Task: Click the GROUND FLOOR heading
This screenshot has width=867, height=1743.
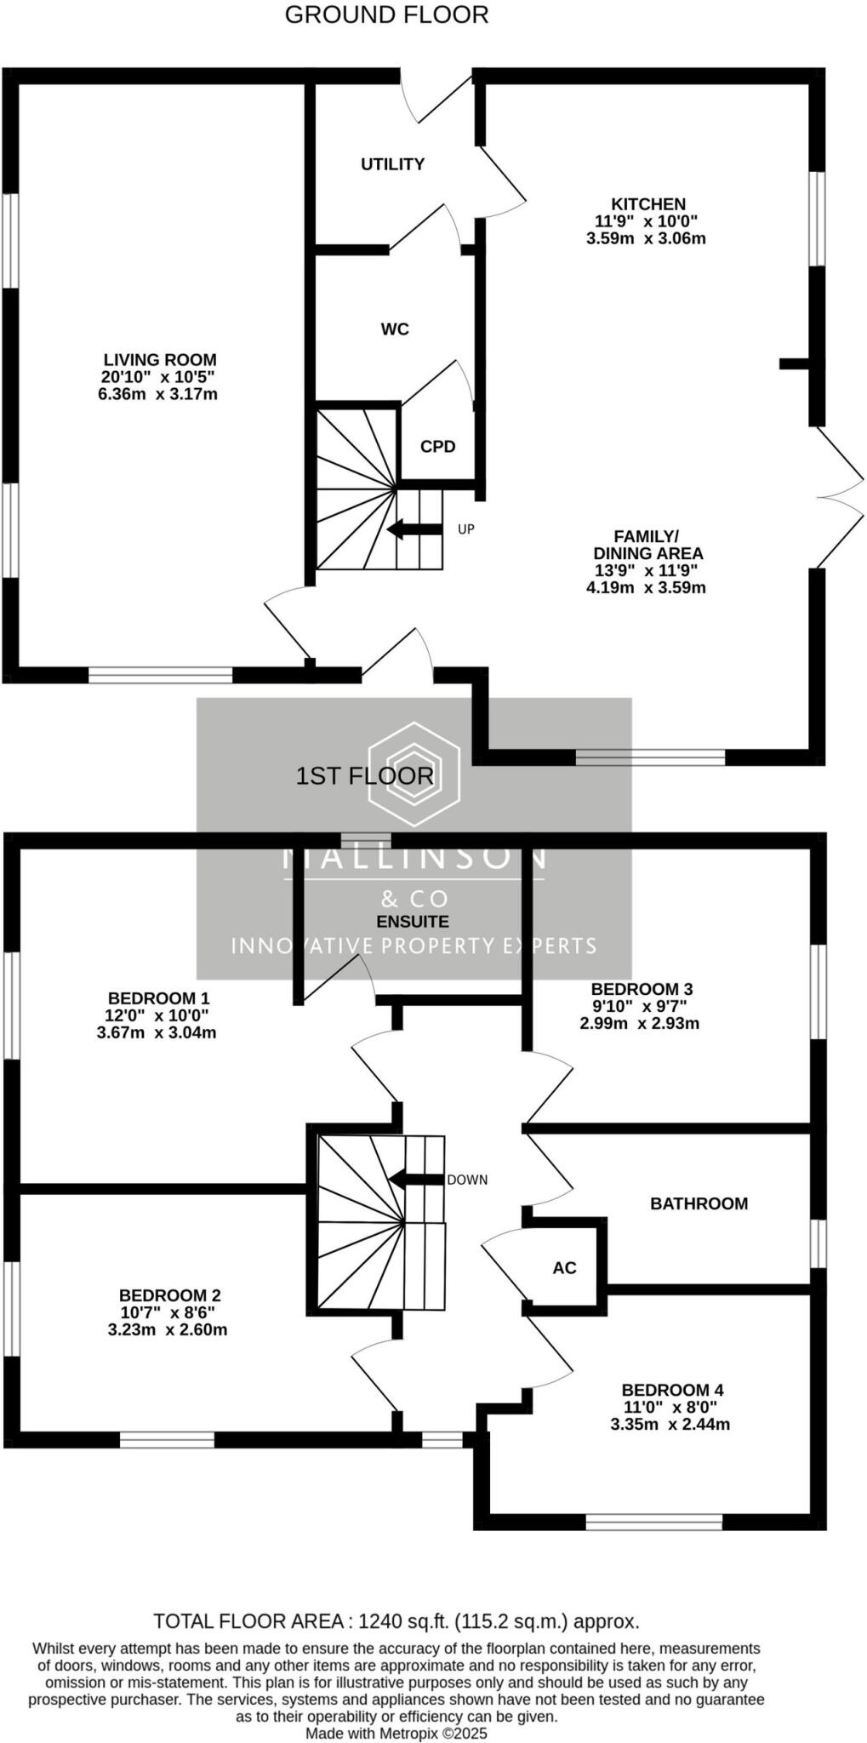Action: coord(386,14)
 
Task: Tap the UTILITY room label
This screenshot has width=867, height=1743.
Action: coord(392,164)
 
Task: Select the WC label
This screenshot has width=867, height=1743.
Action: coord(395,329)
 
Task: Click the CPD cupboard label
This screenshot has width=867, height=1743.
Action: coord(438,447)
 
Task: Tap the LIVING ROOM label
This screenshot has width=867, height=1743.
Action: coord(160,360)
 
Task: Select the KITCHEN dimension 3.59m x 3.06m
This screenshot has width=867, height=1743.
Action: coord(646,239)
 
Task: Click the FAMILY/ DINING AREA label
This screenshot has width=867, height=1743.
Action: coord(647,545)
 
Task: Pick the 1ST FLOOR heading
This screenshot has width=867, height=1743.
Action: coord(365,776)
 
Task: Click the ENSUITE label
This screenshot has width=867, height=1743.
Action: coord(413,922)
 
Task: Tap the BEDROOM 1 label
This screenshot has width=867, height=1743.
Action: coord(158,998)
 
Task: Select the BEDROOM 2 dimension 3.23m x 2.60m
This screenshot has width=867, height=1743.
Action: coord(168,1330)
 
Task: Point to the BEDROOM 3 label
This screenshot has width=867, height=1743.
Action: coord(642,989)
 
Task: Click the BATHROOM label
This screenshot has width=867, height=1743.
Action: coord(699,1203)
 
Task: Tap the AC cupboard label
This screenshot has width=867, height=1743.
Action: coord(564,1268)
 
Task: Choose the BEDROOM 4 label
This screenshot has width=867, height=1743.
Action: coord(672,1390)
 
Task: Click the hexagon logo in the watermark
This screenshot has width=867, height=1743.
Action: coord(414,774)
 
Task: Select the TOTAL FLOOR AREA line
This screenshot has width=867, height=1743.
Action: coord(396,1621)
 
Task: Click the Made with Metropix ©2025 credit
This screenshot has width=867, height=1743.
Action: coord(396,1734)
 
